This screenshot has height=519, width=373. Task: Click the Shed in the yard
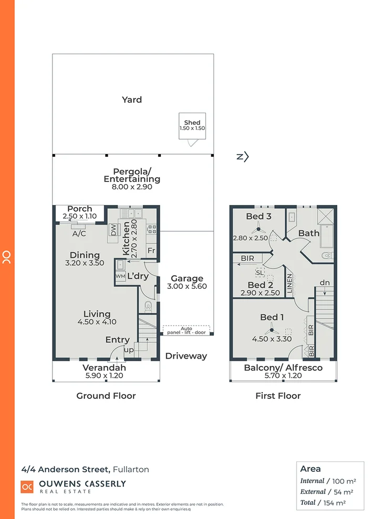pyautogui.click(x=192, y=126)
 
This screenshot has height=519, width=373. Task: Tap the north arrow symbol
pyautogui.click(x=242, y=156)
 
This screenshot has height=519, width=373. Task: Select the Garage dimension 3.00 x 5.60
pyautogui.click(x=186, y=287)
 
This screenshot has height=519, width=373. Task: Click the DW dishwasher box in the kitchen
pyautogui.click(x=113, y=230)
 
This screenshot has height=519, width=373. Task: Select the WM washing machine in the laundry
pyautogui.click(x=120, y=276)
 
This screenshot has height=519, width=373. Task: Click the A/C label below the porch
pyautogui.click(x=80, y=233)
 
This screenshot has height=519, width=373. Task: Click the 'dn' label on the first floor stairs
pyautogui.click(x=325, y=283)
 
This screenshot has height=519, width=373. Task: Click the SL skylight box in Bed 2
pyautogui.click(x=260, y=273)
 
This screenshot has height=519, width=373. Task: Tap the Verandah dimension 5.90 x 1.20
pyautogui.click(x=105, y=375)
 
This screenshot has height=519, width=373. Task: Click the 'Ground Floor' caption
pyautogui.click(x=106, y=396)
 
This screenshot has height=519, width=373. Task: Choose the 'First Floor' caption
pyautogui.click(x=278, y=396)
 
